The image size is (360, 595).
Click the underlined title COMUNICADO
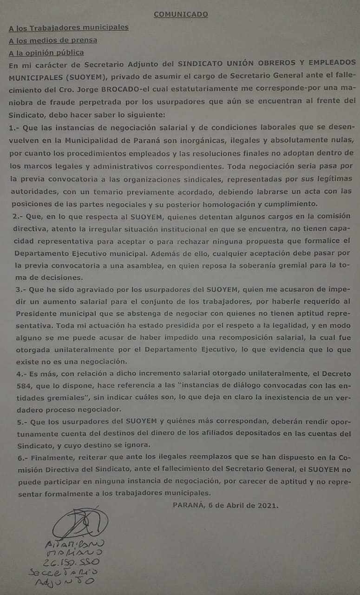(x=181, y=14)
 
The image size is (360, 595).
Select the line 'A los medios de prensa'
(x=53, y=40)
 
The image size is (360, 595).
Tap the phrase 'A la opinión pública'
(x=46, y=53)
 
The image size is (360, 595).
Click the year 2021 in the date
(x=268, y=505)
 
